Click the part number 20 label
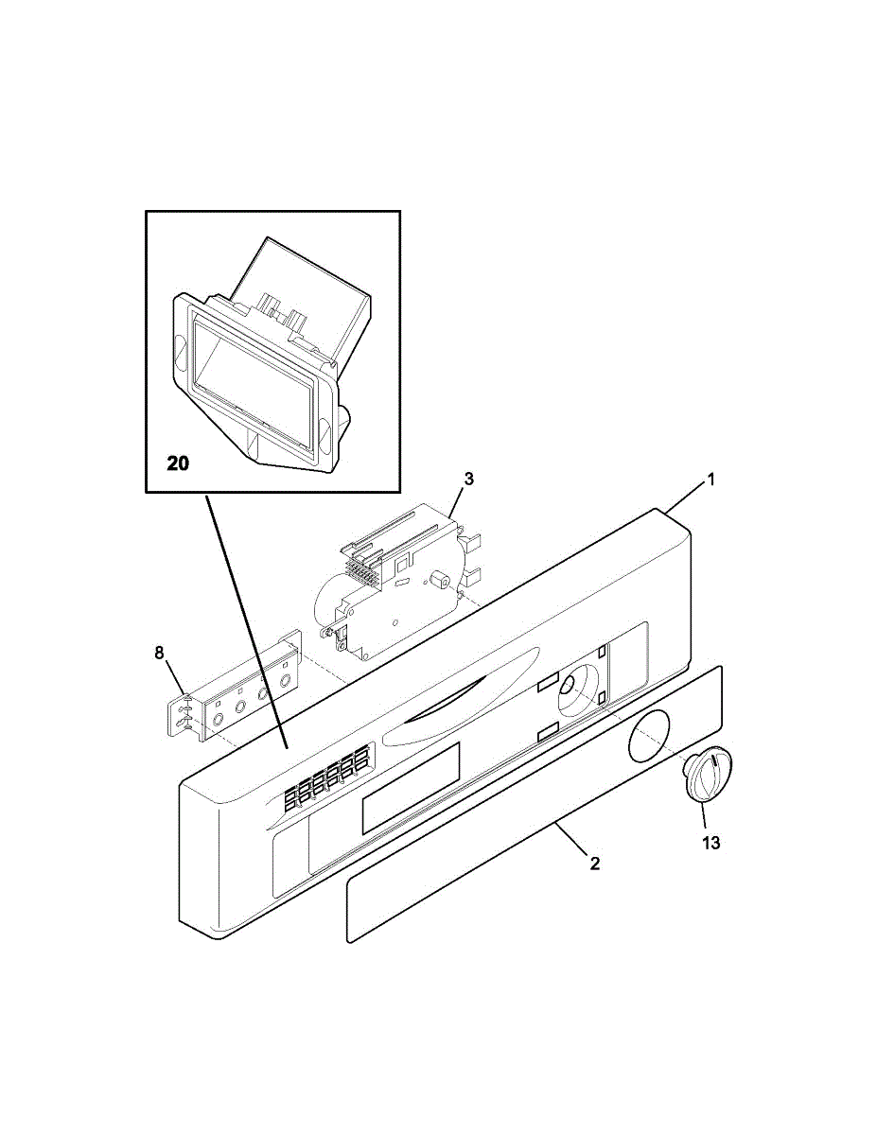pos(178,463)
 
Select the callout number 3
pos(468,480)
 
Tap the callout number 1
pos(711,480)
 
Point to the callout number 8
pos(159,652)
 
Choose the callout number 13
pos(710,842)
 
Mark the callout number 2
pos(594,863)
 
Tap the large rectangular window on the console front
pos(410,787)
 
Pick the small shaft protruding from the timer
pos(438,578)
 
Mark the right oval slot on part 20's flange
pos(324,432)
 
